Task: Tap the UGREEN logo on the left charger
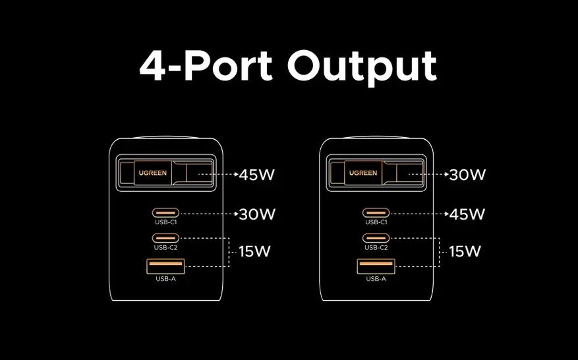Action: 152,174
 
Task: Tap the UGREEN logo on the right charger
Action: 363,173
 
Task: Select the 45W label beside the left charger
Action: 257,175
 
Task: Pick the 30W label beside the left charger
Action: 257,214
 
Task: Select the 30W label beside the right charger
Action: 467,175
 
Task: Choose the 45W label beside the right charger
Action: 467,214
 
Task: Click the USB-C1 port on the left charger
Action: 165,213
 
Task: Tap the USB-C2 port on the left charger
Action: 165,237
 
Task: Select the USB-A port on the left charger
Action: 165,266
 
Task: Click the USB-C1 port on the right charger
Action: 376,213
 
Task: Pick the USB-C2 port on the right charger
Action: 376,237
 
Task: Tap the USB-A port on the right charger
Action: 376,266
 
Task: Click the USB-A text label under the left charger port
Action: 165,279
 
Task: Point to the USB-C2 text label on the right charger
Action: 376,247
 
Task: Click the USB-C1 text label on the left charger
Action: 165,222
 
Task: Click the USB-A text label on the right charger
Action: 376,279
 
